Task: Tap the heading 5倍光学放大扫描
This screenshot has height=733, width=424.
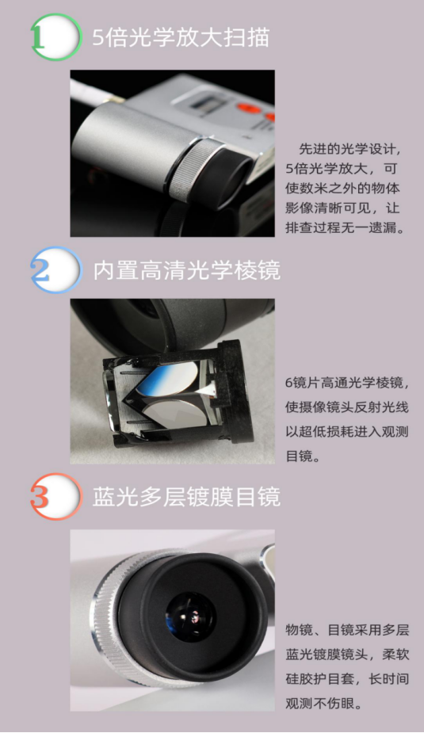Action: (181, 37)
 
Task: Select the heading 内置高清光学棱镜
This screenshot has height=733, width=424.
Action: (187, 270)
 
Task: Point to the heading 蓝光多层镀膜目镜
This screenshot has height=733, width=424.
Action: (187, 497)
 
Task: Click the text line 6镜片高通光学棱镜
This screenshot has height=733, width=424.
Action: (346, 383)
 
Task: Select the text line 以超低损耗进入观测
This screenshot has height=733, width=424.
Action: (346, 433)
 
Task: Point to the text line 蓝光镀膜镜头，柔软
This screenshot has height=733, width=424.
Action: (346, 655)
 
